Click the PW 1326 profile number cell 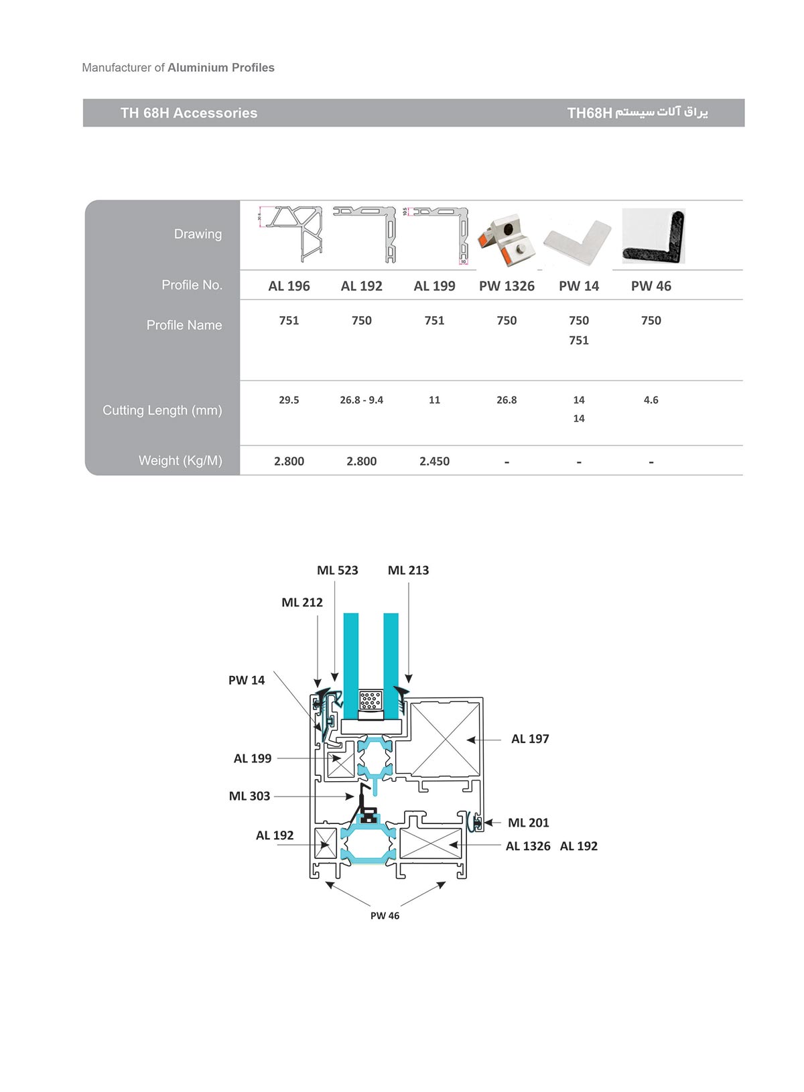click(507, 286)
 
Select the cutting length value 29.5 click(289, 400)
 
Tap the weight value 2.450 click(434, 461)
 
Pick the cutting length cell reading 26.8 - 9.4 click(361, 400)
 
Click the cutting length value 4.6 click(651, 400)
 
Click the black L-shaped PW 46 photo click(653, 236)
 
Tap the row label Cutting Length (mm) click(162, 410)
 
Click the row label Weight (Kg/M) click(180, 460)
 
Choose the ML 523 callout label click(337, 570)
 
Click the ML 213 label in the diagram click(408, 570)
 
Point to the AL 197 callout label click(530, 739)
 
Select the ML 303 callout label click(249, 796)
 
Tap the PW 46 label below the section click(385, 916)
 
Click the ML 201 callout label click(528, 823)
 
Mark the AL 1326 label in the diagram click(528, 846)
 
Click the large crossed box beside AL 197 click(444, 738)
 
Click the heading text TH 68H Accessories click(189, 113)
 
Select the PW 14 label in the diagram click(247, 680)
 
